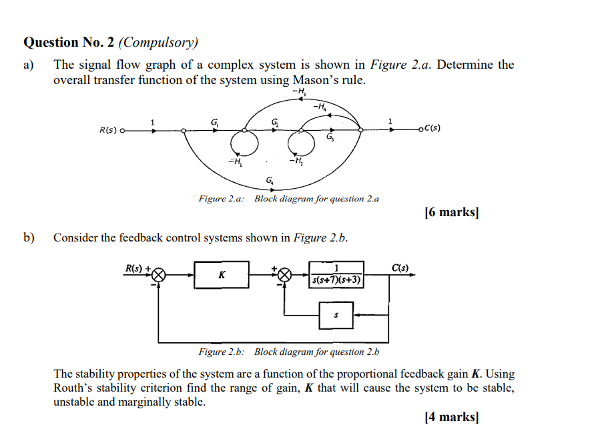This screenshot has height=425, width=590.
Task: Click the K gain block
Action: click(222, 275)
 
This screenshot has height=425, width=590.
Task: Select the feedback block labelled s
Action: click(336, 314)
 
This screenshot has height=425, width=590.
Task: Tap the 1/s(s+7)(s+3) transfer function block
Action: click(336, 275)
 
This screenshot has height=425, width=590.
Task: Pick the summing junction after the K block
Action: click(285, 275)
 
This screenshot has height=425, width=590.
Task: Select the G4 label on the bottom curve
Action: click(270, 180)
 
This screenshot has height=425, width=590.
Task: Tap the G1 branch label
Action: click(214, 122)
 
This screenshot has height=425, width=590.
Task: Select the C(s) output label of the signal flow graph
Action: click(430, 129)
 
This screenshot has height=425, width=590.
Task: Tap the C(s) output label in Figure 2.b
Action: click(402, 268)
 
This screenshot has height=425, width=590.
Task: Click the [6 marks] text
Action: click(451, 213)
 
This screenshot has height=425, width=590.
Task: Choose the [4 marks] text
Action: click(451, 417)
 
